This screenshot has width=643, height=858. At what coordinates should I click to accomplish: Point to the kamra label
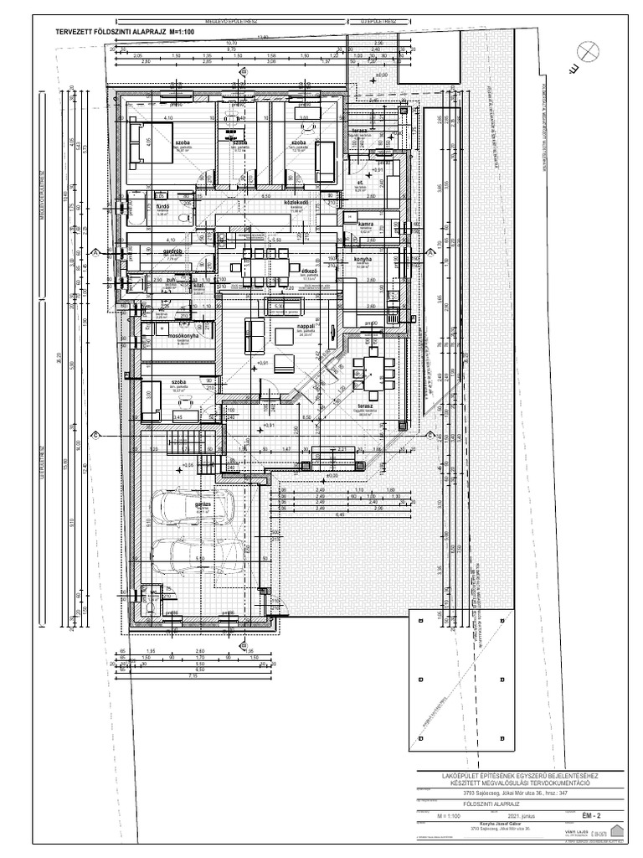click(x=365, y=225)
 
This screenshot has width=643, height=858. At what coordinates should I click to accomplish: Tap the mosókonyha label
click(x=183, y=335)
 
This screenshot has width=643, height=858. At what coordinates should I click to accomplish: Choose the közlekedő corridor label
click(x=299, y=204)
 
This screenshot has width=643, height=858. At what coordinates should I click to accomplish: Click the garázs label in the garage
click(x=203, y=505)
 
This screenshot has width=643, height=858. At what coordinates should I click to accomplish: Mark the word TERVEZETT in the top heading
click(x=76, y=30)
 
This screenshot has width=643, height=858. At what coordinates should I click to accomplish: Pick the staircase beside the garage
click(x=188, y=439)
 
